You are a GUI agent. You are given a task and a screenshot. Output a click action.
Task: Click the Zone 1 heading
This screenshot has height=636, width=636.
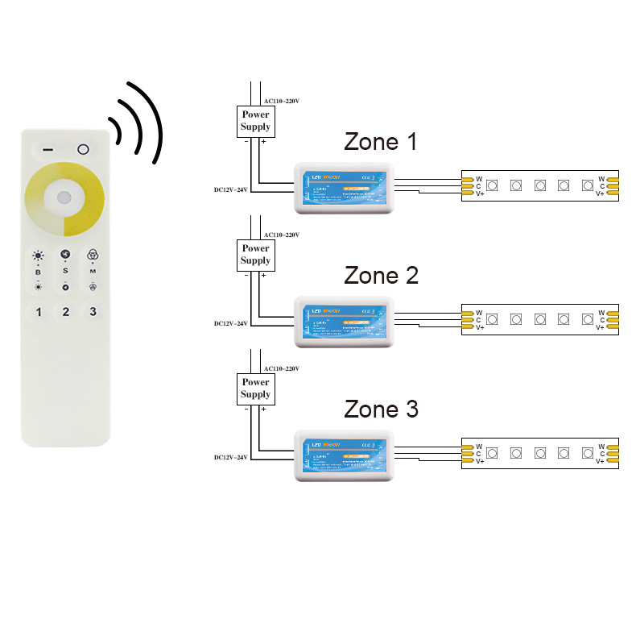[x=381, y=143]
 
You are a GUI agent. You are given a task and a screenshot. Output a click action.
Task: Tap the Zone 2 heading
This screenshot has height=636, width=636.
[x=381, y=276]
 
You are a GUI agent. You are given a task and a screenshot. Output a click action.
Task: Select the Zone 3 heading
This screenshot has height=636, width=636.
[x=381, y=409]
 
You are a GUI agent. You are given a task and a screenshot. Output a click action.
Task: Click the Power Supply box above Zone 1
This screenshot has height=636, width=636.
[x=255, y=121]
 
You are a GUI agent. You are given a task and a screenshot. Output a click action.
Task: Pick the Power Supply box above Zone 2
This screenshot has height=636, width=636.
[x=255, y=255]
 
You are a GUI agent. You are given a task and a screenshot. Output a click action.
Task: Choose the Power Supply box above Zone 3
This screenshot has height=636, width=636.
[x=255, y=389]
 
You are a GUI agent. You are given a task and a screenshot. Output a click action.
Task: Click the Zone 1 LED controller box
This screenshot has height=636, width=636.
[x=344, y=188]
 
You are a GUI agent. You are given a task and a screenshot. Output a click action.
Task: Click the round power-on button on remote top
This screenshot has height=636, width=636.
[x=83, y=149]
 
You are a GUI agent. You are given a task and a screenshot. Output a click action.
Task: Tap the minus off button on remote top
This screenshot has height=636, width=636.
[x=48, y=150]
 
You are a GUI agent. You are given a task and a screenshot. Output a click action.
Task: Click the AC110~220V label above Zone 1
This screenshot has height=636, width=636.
[x=282, y=101]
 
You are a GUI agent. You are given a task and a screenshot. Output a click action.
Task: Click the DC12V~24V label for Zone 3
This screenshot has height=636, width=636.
[x=230, y=457]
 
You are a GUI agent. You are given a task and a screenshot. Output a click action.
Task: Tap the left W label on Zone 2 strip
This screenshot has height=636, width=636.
[x=478, y=313]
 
